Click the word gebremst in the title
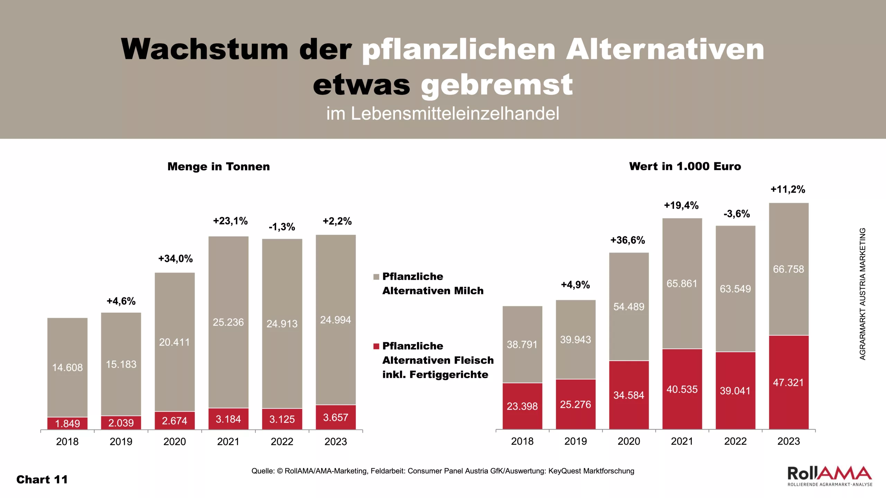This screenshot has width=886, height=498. (x=497, y=85)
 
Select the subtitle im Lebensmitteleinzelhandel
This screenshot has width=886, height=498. (x=443, y=114)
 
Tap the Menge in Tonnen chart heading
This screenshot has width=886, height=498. (x=218, y=167)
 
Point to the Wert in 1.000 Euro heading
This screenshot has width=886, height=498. (x=685, y=166)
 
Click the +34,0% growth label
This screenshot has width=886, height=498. (x=175, y=259)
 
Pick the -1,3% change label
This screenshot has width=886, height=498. (x=282, y=227)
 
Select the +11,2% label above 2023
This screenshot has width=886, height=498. (x=788, y=190)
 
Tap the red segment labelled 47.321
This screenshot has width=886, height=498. (x=788, y=382)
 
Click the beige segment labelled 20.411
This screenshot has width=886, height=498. (x=174, y=342)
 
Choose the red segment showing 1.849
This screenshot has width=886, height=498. (x=67, y=423)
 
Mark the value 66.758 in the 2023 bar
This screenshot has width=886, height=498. (x=788, y=269)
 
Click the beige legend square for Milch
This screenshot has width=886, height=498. (x=376, y=277)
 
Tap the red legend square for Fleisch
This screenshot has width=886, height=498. (x=376, y=347)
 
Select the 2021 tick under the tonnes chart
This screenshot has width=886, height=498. (x=228, y=442)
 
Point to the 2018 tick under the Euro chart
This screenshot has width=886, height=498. (x=522, y=441)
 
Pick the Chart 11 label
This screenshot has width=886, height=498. (x=42, y=480)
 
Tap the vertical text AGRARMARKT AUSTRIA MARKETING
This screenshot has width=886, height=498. (x=862, y=294)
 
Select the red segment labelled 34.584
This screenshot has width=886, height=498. (x=629, y=395)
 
